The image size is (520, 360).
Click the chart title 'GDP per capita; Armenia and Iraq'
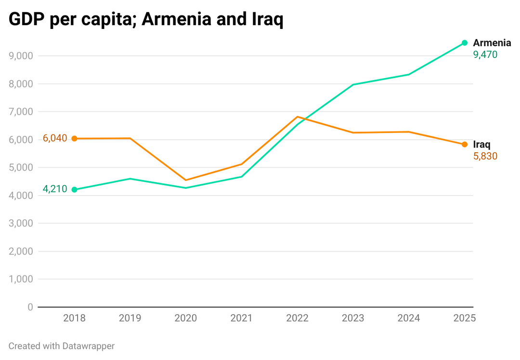pos(146,20)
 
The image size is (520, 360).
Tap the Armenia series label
pos(492,43)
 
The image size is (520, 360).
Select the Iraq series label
pos(481,145)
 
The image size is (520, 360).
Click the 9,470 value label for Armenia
pos(485,55)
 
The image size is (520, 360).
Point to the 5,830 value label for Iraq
pos(485,156)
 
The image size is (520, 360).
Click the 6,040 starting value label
pos(55,138)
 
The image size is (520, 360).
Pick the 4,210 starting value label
pos(55,189)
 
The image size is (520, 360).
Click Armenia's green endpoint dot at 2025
pos(465,43)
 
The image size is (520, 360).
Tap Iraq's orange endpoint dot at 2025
pos(465,144)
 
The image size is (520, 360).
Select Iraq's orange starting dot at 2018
pos(74,138)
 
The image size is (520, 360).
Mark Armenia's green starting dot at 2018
pos(74,189)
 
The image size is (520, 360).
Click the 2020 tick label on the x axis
pos(185,318)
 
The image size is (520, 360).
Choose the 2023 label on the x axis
pos(353,318)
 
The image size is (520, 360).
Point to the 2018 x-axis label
pos(74,318)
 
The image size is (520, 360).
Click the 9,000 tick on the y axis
pos(21,56)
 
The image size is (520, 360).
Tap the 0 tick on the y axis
pos(30,307)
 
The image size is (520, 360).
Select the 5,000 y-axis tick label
pos(21,168)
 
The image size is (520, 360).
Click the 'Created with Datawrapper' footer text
pos(62,346)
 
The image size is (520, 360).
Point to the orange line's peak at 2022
pos(298,117)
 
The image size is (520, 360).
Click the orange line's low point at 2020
pos(186,180)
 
